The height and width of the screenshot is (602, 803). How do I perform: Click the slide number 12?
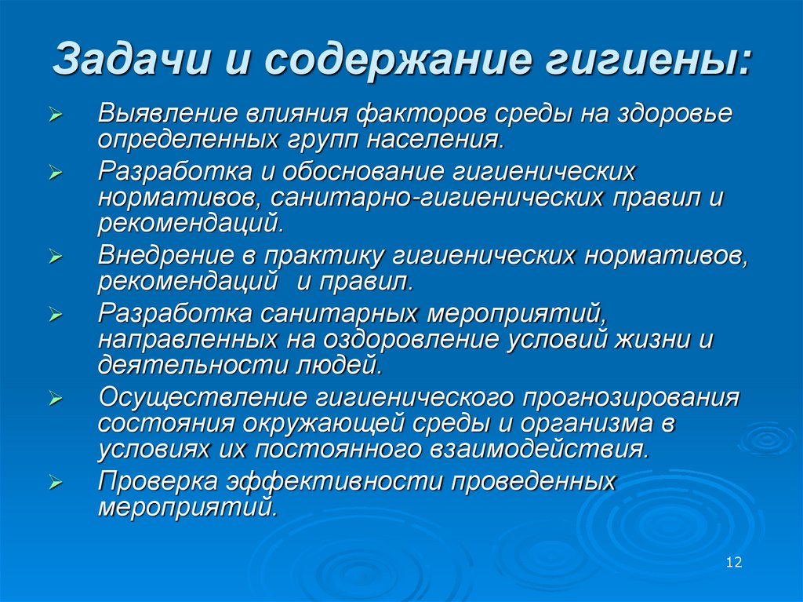pyautogui.click(x=734, y=563)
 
